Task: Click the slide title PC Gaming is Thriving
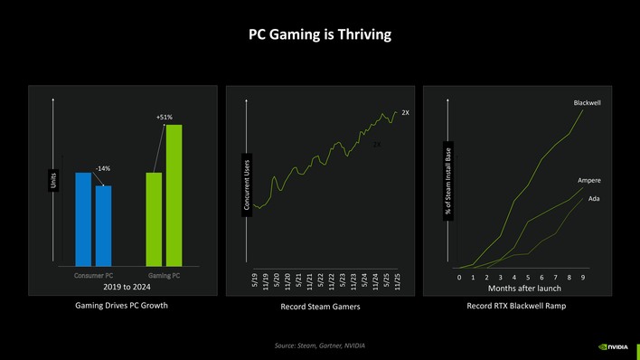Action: tap(320, 35)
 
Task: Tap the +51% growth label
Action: tap(164, 117)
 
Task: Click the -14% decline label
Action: tap(103, 169)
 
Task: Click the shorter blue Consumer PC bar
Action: tap(103, 225)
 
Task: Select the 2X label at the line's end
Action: tap(405, 113)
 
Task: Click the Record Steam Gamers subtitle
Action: tap(321, 308)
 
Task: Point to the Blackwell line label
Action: tap(587, 103)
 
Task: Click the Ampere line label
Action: tap(589, 181)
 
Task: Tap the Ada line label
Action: tap(594, 198)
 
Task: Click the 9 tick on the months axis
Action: tap(583, 277)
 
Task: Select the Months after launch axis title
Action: tap(524, 288)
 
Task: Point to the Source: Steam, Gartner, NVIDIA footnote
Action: tap(320, 346)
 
